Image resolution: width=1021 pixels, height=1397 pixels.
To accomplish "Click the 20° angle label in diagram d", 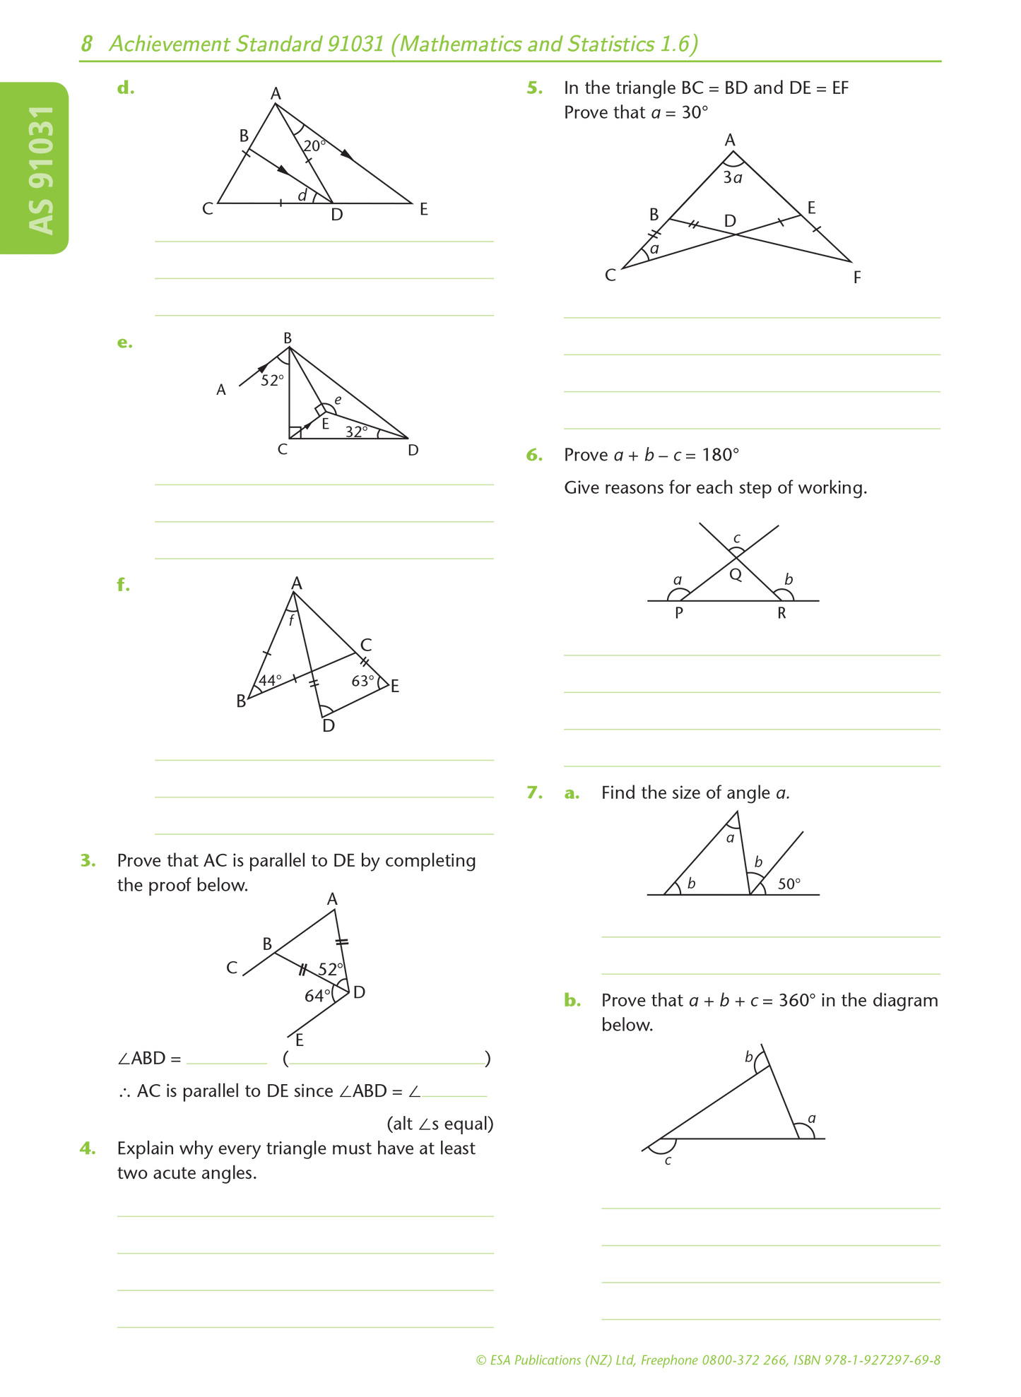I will point(314,146).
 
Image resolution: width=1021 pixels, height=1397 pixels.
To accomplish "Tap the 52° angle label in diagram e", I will point(272,381).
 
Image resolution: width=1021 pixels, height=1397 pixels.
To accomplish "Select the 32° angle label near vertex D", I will point(357,432).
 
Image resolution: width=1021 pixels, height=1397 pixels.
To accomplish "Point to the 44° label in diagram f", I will point(270,681).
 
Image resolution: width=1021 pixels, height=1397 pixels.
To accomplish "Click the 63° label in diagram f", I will point(363,681).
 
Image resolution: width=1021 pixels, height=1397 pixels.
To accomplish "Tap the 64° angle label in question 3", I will point(317,996).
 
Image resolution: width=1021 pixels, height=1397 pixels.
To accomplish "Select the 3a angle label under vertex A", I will point(733,178).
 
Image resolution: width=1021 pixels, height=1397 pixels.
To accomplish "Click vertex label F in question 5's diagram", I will point(857,278).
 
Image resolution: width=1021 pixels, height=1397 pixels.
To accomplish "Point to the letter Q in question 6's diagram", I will point(736,574).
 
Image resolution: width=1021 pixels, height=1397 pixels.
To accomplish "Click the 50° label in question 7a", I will point(789,884).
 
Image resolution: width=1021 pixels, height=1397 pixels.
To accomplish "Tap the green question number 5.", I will point(535,88).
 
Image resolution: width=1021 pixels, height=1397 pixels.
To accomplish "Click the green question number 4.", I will point(88,1148).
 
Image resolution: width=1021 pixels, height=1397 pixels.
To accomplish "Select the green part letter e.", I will point(124,343).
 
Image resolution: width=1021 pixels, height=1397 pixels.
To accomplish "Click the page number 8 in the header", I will point(86,44).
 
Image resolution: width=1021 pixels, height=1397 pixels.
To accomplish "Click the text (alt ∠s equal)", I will point(439,1124).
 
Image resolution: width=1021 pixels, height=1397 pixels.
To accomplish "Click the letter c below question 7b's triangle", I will point(668,1160).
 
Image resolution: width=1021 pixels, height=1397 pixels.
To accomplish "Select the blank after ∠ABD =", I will point(227,1058).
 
